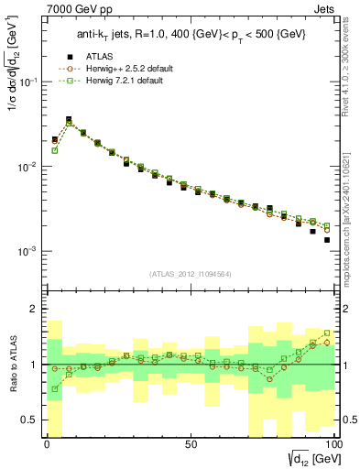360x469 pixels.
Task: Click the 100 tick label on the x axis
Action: (x=333, y=445)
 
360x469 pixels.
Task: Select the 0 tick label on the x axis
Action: (x=47, y=445)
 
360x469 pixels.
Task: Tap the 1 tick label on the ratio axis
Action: (x=37, y=365)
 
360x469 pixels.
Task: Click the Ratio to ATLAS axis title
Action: (x=14, y=365)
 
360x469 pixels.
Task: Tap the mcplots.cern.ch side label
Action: (x=352, y=211)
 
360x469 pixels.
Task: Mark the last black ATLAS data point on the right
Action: (x=327, y=240)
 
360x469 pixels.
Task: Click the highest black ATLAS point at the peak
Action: (x=69, y=119)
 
